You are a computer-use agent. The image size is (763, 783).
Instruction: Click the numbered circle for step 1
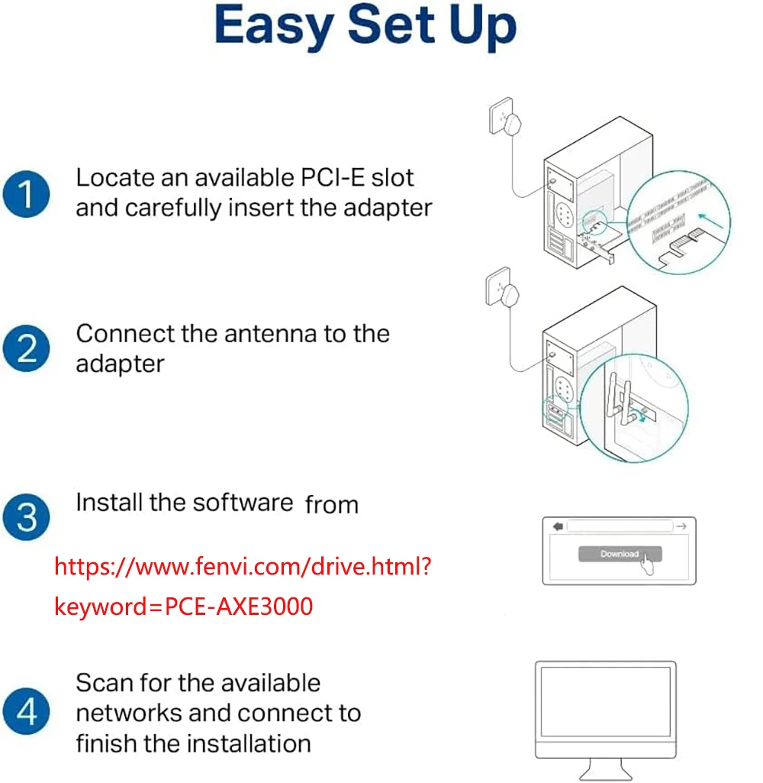[27, 194]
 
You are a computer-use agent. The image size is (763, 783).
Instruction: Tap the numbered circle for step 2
[27, 348]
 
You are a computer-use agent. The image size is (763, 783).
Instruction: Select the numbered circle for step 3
[27, 516]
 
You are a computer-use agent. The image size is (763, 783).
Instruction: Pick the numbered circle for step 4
[27, 712]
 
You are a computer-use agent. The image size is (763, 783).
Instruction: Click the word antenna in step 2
[243, 334]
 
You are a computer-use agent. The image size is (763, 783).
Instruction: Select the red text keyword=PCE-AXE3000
[184, 607]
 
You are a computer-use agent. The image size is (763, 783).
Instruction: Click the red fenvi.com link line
[244, 567]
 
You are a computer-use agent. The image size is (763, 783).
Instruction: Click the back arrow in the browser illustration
[557, 526]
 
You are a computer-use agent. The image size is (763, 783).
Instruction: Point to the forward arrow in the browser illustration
[681, 526]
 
